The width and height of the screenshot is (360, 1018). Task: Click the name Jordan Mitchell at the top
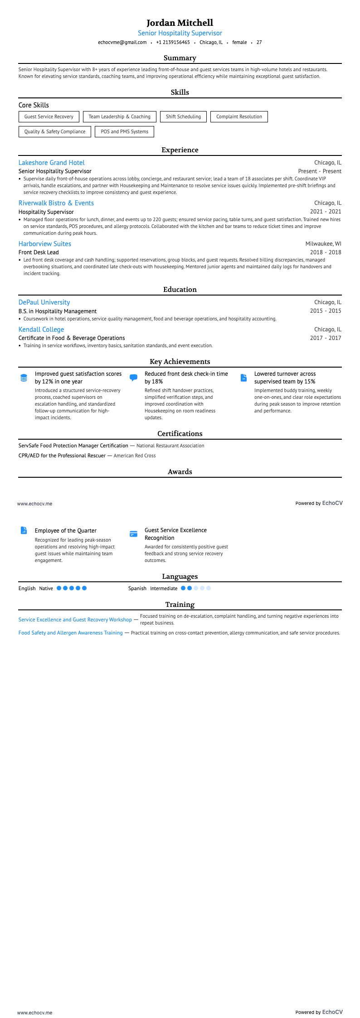(x=180, y=23)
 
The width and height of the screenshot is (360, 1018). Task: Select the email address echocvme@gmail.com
(x=122, y=42)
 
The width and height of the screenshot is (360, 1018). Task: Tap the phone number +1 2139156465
(x=173, y=42)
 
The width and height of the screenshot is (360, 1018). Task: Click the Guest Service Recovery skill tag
(x=49, y=117)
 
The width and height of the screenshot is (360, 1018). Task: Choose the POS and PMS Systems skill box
(x=124, y=132)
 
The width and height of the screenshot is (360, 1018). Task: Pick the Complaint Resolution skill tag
(x=239, y=117)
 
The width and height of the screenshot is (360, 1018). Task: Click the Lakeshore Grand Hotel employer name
(x=51, y=163)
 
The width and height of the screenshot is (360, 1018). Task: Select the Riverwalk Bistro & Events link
(x=56, y=203)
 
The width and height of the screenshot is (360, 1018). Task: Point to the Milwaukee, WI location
(x=323, y=244)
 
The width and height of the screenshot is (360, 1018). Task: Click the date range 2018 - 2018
(x=326, y=252)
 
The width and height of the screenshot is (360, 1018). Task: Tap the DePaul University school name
(x=44, y=302)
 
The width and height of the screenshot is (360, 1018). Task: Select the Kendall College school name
(x=41, y=330)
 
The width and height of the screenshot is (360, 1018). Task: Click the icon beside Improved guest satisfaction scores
(x=24, y=378)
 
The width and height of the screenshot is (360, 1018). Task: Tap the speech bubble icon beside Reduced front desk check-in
(x=133, y=378)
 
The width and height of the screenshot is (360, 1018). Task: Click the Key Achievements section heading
(x=180, y=362)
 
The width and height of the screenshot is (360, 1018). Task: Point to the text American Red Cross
(x=135, y=456)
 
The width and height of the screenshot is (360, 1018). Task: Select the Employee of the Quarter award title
(x=65, y=531)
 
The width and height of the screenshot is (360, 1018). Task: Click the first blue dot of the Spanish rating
(x=183, y=588)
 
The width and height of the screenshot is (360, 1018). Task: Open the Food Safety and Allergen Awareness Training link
(x=70, y=633)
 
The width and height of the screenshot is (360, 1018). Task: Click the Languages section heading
(x=180, y=577)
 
